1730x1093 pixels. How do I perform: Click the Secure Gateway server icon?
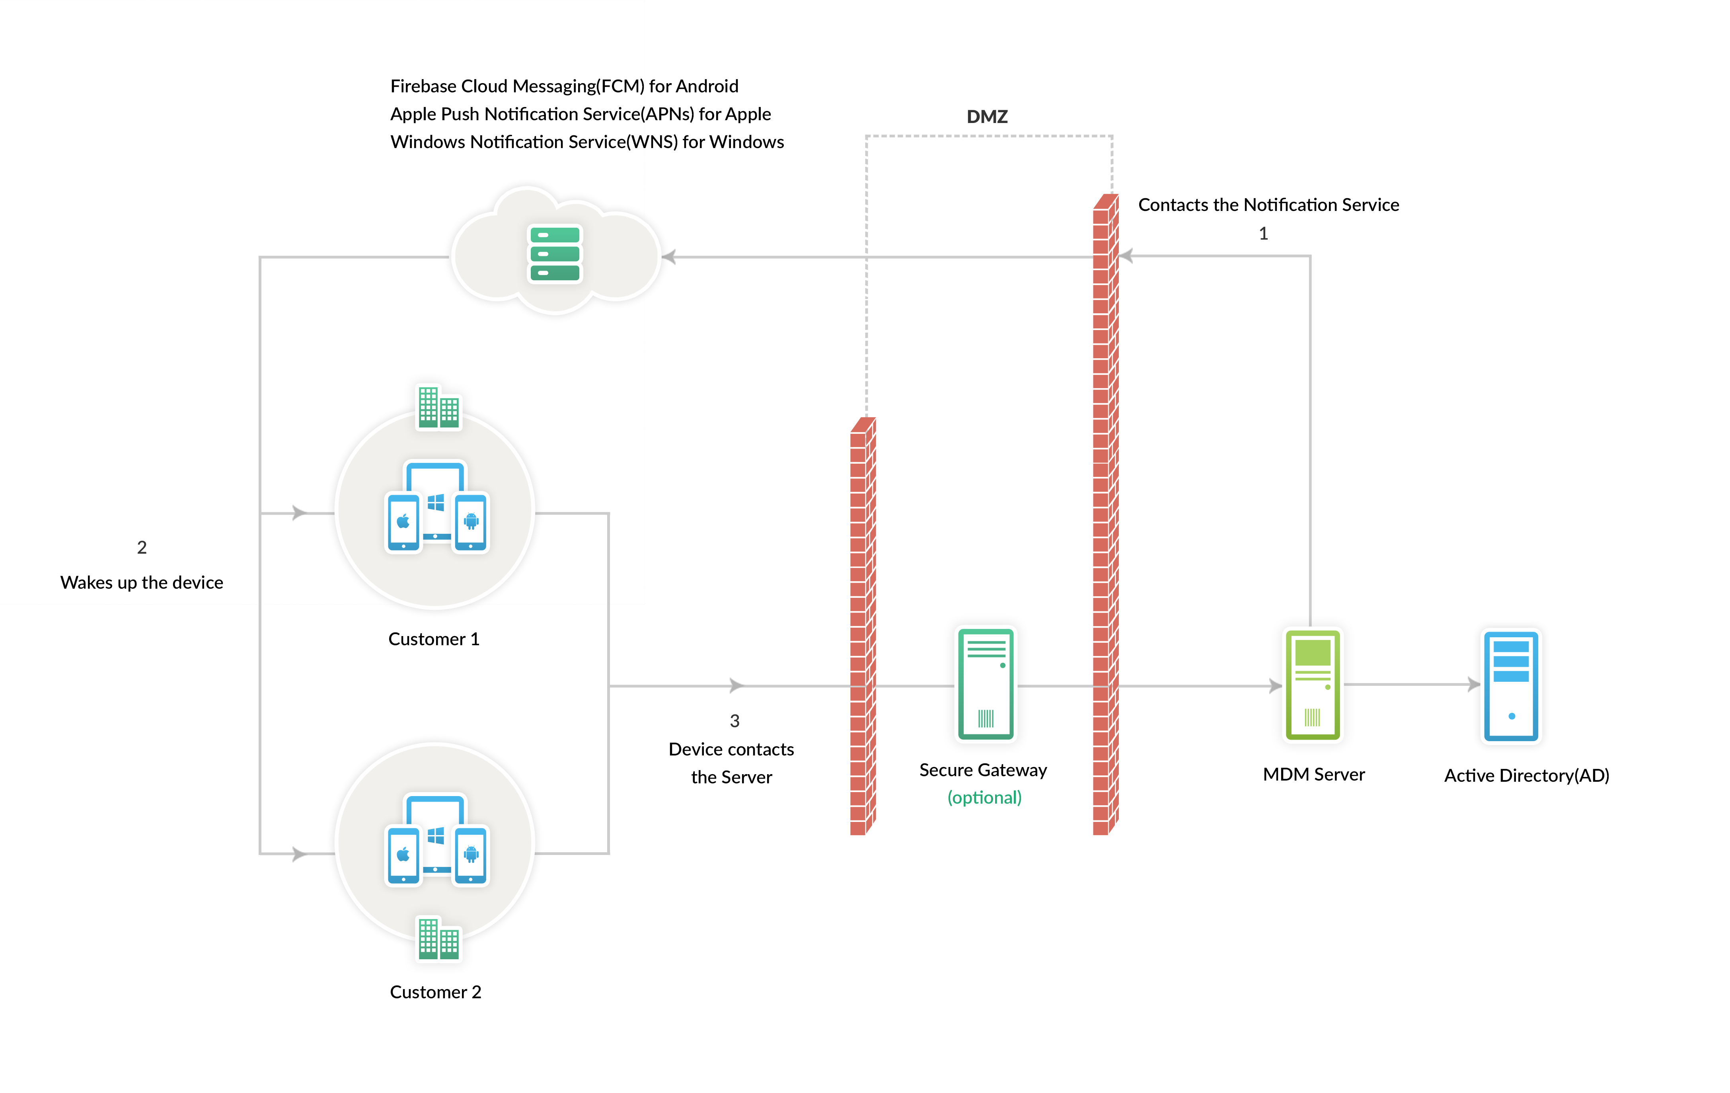pyautogui.click(x=985, y=683)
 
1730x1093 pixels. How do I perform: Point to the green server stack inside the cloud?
pyautogui.click(x=555, y=254)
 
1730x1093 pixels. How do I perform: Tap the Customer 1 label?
pyautogui.click(x=433, y=639)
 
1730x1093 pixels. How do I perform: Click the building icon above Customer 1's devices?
pyautogui.click(x=438, y=407)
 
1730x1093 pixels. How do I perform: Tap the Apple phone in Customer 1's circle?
pyautogui.click(x=403, y=522)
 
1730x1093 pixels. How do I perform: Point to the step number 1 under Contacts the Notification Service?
pyautogui.click(x=1263, y=234)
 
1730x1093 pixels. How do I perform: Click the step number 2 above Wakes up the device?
pyautogui.click(x=142, y=548)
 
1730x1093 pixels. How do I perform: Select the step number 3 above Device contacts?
pyautogui.click(x=734, y=721)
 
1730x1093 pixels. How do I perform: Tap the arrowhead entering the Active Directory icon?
pyautogui.click(x=1473, y=684)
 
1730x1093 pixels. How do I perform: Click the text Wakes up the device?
pyautogui.click(x=142, y=582)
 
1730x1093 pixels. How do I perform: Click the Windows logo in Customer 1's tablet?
pyautogui.click(x=435, y=502)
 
